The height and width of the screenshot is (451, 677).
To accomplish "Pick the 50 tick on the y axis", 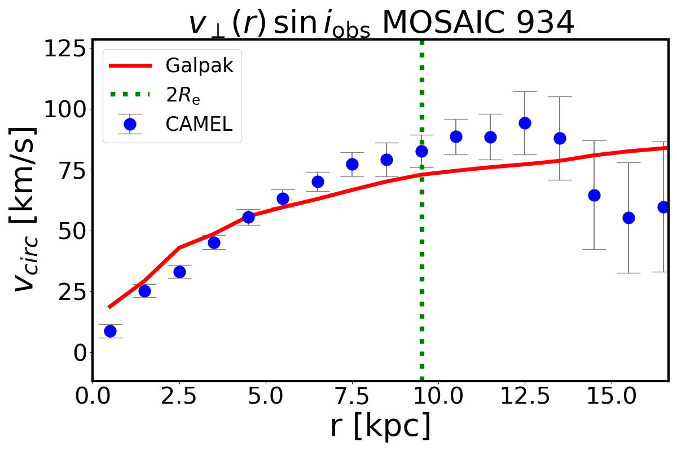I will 68,231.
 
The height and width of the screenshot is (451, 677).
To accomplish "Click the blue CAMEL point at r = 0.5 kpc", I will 110,331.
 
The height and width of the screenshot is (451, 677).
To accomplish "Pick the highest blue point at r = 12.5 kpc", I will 525,123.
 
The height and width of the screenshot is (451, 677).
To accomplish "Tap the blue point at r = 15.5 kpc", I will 628,218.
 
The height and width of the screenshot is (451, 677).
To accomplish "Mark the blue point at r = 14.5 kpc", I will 594,195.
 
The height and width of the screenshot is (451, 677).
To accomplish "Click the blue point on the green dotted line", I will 421,151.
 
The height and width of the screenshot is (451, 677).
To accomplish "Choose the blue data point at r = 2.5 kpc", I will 179,272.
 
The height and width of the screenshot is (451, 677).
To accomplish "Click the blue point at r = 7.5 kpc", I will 352,164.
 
